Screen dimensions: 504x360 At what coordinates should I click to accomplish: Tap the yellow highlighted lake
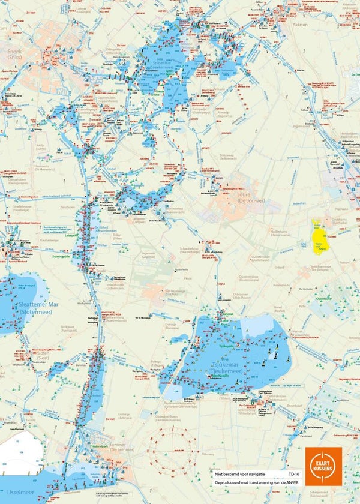[318, 239]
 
